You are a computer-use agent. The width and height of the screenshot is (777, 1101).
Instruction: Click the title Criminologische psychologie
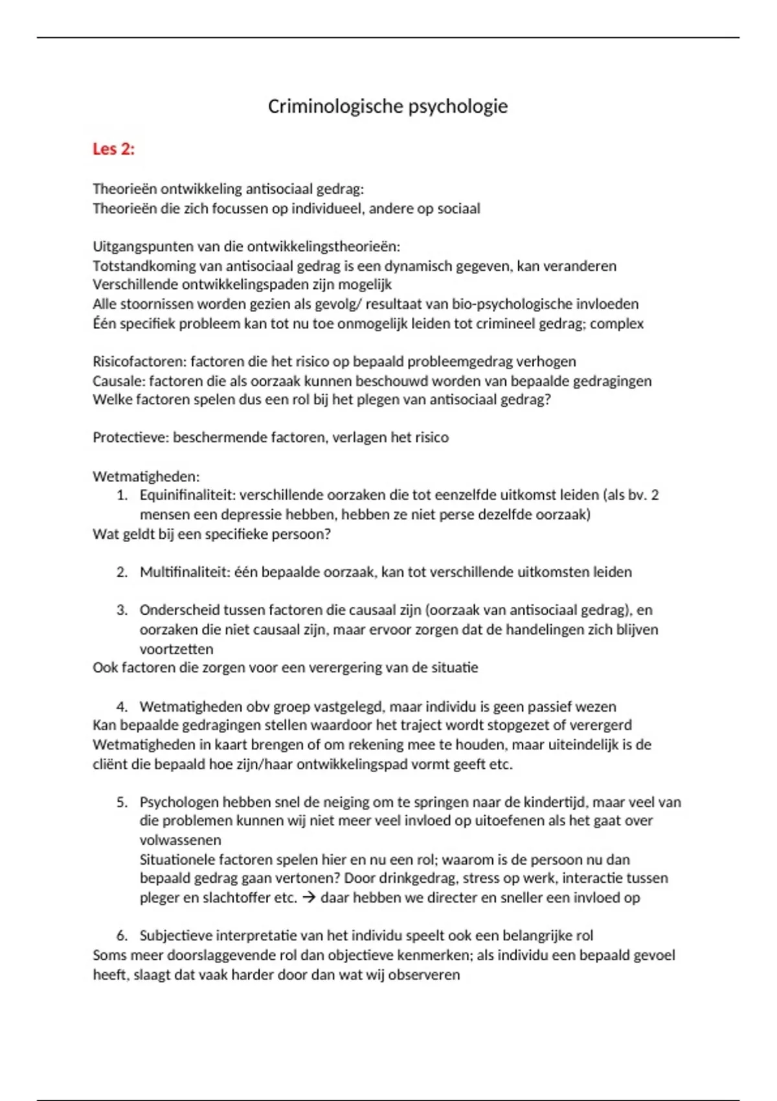coord(387,106)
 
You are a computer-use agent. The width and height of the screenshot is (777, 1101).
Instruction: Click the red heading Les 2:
coord(113,149)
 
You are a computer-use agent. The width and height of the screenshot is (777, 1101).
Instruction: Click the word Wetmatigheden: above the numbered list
coord(146,477)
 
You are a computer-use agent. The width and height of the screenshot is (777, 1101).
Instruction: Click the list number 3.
coord(122,610)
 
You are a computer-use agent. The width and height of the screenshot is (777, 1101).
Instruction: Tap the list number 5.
coord(122,802)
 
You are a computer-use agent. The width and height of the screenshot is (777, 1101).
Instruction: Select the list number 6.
coord(122,936)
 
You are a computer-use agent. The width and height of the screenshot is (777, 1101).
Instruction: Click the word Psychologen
coord(179,802)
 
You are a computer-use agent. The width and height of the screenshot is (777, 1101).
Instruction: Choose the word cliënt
coord(110,764)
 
